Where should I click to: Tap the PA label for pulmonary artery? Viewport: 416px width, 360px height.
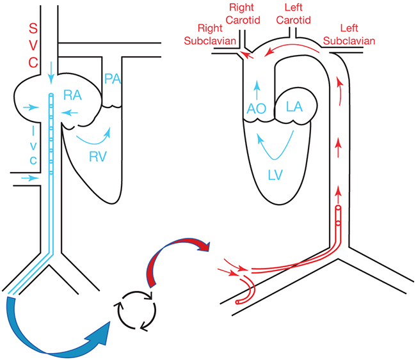point(113,80)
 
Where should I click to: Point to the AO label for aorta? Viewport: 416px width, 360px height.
point(257,109)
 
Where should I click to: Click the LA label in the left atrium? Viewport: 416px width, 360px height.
point(294,107)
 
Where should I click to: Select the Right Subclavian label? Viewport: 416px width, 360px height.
point(218,35)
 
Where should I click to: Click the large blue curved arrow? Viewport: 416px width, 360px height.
point(58,333)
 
